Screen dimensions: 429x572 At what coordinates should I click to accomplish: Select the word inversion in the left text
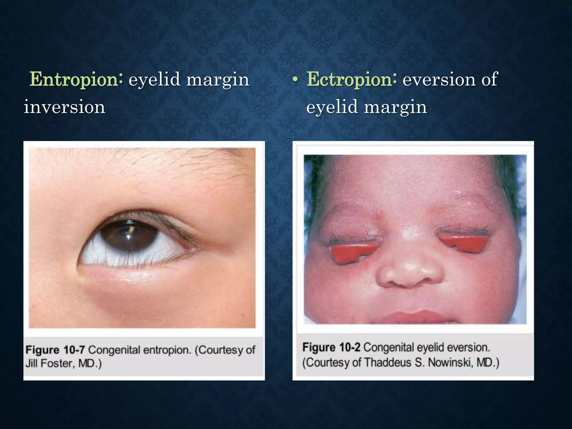[65, 107]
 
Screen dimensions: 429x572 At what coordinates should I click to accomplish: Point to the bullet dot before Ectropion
[295, 80]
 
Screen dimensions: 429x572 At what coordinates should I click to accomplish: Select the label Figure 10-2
[331, 347]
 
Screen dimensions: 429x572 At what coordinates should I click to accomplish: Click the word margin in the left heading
[218, 80]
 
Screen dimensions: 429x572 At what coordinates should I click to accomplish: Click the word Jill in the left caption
[32, 363]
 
